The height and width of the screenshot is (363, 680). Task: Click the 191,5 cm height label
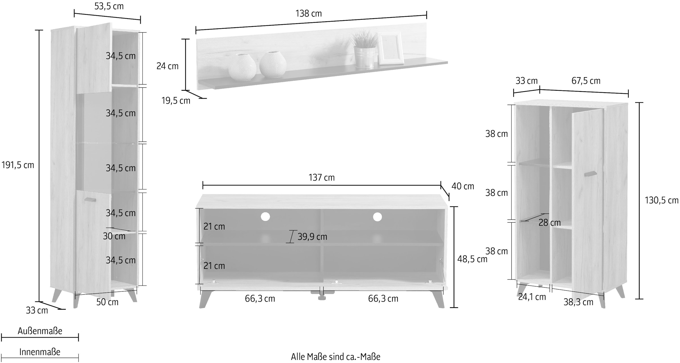[18, 165]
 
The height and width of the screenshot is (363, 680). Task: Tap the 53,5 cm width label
[109, 6]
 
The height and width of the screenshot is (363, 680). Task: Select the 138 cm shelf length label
[309, 14]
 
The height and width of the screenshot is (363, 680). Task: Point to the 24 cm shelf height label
[167, 66]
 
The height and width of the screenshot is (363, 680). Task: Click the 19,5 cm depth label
[176, 101]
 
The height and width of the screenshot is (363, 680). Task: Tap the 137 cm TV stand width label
[322, 178]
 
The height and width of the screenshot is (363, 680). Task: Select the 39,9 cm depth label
[312, 237]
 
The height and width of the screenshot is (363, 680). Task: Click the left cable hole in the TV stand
[265, 217]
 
